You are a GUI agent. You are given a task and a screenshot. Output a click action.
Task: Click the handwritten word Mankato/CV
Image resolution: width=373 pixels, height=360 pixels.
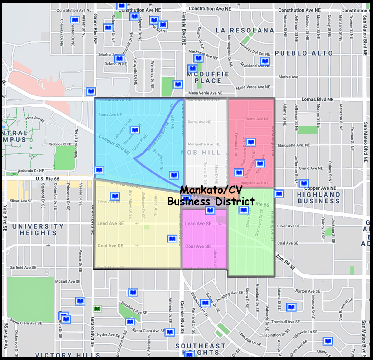[211, 189]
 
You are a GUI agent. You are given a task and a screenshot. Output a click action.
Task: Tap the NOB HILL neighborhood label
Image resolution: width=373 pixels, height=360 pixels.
[201, 153]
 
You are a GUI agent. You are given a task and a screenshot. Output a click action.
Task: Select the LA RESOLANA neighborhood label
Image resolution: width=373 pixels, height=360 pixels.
[245, 30]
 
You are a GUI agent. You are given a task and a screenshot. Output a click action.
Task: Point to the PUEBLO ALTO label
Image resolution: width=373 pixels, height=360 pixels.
[303, 53]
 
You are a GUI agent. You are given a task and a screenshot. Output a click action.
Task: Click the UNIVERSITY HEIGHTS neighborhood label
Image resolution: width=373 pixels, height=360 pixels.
[38, 230]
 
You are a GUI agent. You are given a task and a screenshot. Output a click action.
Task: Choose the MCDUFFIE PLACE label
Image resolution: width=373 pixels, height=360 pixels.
[208, 77]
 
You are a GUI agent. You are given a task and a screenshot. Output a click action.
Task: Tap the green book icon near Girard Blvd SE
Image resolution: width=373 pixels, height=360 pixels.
[97, 309]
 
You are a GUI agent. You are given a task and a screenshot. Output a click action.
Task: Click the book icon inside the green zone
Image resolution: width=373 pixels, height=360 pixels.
[244, 210]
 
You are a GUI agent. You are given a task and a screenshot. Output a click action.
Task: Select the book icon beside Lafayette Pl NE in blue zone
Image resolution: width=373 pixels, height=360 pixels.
[135, 130]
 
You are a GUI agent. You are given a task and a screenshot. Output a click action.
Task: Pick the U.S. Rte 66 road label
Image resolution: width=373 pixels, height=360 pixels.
[47, 179]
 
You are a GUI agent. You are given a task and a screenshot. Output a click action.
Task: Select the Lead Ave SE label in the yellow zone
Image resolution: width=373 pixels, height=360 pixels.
[110, 223]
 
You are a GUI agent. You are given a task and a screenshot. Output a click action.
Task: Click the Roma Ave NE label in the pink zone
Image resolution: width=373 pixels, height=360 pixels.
[257, 119]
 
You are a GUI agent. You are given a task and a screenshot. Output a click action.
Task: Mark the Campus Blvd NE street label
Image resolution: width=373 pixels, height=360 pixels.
[114, 145]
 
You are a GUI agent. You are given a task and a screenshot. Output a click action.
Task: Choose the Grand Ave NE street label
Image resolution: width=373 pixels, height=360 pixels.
[311, 168]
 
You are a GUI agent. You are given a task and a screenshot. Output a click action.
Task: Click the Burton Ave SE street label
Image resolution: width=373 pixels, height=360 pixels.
[308, 291]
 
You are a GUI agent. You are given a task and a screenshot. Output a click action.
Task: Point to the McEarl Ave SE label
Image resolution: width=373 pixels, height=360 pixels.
[68, 281]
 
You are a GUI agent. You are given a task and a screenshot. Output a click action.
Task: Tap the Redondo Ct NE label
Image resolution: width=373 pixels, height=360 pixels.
[60, 144]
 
